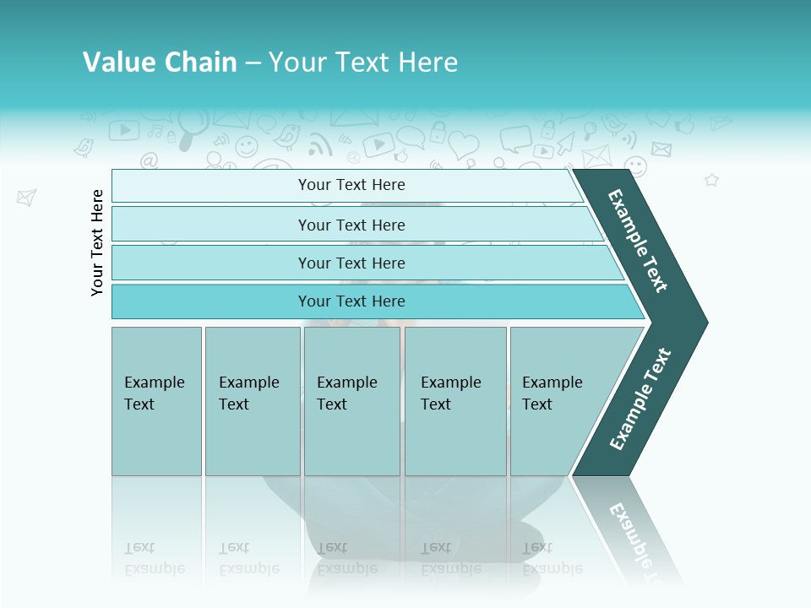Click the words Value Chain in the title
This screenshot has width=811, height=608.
160,62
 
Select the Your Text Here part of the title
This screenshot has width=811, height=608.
363,62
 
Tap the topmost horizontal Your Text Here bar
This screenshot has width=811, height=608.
351,185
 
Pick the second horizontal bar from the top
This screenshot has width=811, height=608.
351,225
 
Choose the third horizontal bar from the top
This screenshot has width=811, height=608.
351,263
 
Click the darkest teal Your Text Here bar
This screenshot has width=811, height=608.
351,301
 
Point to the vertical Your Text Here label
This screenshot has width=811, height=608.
98,242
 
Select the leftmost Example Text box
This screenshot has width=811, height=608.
156,401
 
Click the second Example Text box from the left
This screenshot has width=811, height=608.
252,401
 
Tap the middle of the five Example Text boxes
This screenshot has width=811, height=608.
351,401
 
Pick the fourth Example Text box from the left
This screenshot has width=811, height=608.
454,401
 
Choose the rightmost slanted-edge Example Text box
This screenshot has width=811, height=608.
558,401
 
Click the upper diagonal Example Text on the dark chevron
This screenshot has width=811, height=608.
638,241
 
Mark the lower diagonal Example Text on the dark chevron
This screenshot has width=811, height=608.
640,399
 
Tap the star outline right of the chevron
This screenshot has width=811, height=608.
711,180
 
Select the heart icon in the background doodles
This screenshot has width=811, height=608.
463,144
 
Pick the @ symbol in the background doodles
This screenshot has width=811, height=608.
149,160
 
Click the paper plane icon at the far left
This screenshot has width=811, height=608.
26,198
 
